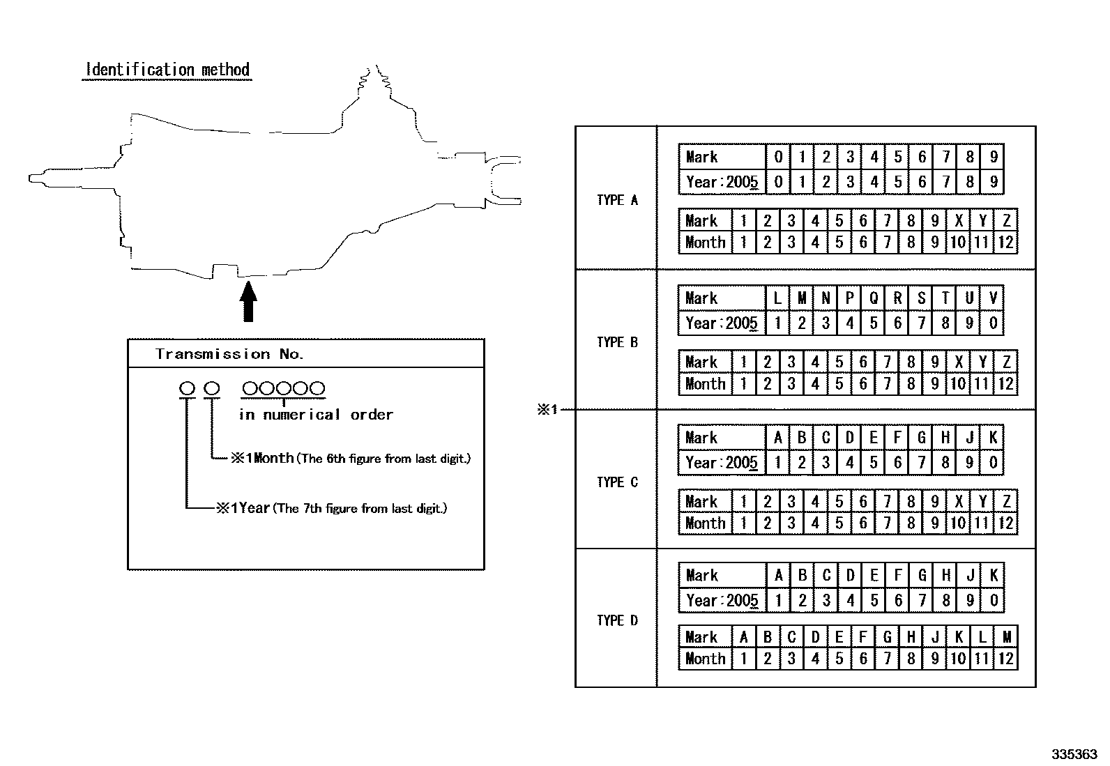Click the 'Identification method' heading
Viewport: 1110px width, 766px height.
[x=167, y=70]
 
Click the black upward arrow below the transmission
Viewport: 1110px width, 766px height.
[x=248, y=301]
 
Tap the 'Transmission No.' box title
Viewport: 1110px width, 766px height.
[x=229, y=354]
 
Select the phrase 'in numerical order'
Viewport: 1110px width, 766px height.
[x=316, y=414]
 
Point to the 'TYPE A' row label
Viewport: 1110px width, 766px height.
[x=618, y=200]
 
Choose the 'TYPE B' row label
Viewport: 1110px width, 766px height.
[x=618, y=342]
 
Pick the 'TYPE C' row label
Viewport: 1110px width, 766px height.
[x=618, y=482]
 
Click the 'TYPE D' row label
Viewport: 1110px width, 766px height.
[x=618, y=620]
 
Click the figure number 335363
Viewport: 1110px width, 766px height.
[x=1074, y=754]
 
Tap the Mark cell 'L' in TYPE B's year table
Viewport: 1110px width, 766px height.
[x=777, y=298]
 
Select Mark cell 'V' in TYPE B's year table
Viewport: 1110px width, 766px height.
[x=993, y=298]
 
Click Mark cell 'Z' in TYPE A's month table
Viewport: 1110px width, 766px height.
[x=1006, y=220]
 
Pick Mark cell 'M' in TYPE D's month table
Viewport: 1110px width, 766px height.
[x=1006, y=636]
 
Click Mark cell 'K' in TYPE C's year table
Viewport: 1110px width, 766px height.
[x=993, y=438]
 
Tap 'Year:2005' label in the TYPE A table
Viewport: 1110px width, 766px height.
[x=722, y=183]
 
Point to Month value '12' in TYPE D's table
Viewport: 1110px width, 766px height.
[x=1006, y=659]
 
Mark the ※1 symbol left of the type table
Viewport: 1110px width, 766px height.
[x=547, y=410]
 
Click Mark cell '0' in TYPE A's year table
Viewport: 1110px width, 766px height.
[x=778, y=157]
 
